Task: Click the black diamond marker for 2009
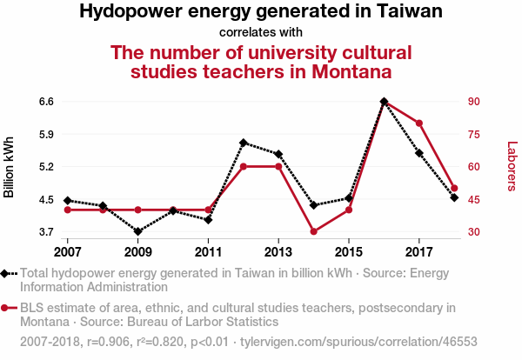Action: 138,231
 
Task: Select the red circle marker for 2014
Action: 313,231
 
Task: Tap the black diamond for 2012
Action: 244,142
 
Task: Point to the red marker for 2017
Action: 419,123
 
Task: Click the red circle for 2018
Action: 454,188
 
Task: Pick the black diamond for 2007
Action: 68,201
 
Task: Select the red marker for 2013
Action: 278,166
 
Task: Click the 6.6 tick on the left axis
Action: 46,102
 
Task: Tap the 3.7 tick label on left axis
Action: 46,232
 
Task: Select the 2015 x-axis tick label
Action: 349,251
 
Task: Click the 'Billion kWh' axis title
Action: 10,167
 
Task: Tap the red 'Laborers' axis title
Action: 512,166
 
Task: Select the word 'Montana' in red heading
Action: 343,71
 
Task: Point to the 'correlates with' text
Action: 260,33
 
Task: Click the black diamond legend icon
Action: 9,274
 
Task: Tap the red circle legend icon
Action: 9,308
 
